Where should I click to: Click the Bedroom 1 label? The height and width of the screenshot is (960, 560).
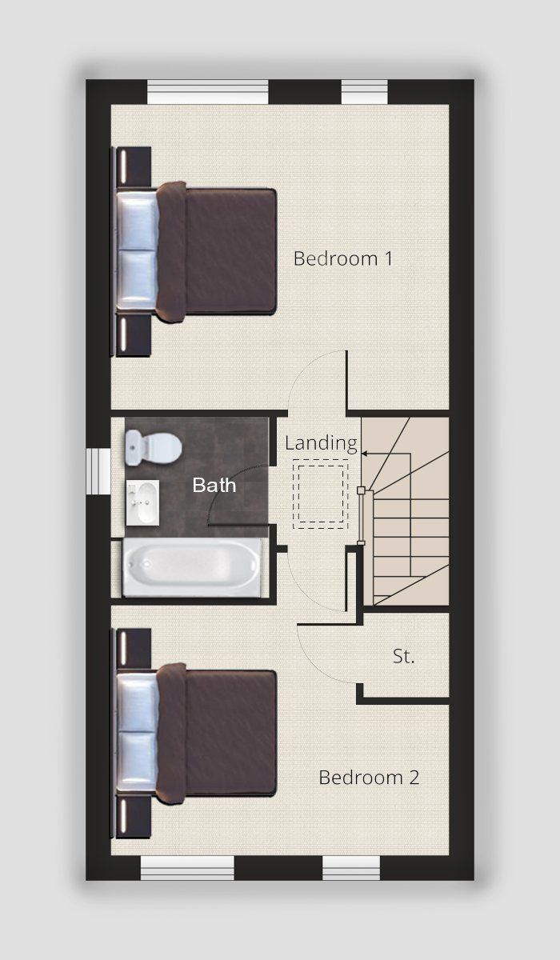[x=342, y=258]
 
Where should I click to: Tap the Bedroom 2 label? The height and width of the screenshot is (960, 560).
[x=369, y=778]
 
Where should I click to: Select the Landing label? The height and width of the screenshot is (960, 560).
[x=321, y=443]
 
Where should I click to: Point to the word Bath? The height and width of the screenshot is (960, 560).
[x=214, y=485]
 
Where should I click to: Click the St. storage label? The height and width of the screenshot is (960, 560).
[x=404, y=656]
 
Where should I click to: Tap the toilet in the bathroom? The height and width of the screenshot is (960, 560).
[x=154, y=448]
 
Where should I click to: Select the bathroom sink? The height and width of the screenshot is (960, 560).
[x=142, y=502]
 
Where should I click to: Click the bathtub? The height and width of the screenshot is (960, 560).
[x=192, y=567]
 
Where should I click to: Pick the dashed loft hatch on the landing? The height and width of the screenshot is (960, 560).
[x=320, y=494]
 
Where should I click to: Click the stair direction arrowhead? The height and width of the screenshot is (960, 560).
[x=365, y=453]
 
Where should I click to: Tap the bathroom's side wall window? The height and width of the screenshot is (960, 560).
[x=98, y=471]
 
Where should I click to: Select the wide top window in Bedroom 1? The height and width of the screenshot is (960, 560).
[x=208, y=92]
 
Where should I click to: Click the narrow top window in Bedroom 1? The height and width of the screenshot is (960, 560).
[x=365, y=92]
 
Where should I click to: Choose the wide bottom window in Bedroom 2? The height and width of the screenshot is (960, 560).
[x=188, y=868]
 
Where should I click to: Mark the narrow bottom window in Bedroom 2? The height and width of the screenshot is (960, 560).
[x=351, y=868]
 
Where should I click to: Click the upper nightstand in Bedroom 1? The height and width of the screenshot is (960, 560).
[x=132, y=167]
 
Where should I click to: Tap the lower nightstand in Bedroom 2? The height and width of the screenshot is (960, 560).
[x=132, y=818]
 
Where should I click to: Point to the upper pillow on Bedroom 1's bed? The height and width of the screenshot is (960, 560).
[x=137, y=220]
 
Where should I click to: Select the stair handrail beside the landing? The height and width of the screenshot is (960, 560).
[x=361, y=516]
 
